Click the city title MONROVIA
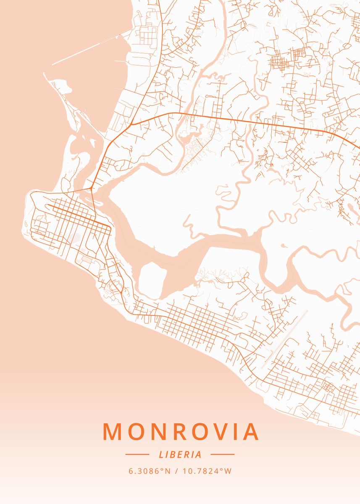(x=180, y=431)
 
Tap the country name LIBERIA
(x=180, y=454)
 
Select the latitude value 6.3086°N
(x=150, y=471)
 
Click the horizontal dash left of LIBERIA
(x=137, y=454)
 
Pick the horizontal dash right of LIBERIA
(x=222, y=454)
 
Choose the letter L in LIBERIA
(x=161, y=454)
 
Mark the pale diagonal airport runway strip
(x=286, y=338)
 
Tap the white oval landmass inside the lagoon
(x=151, y=279)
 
